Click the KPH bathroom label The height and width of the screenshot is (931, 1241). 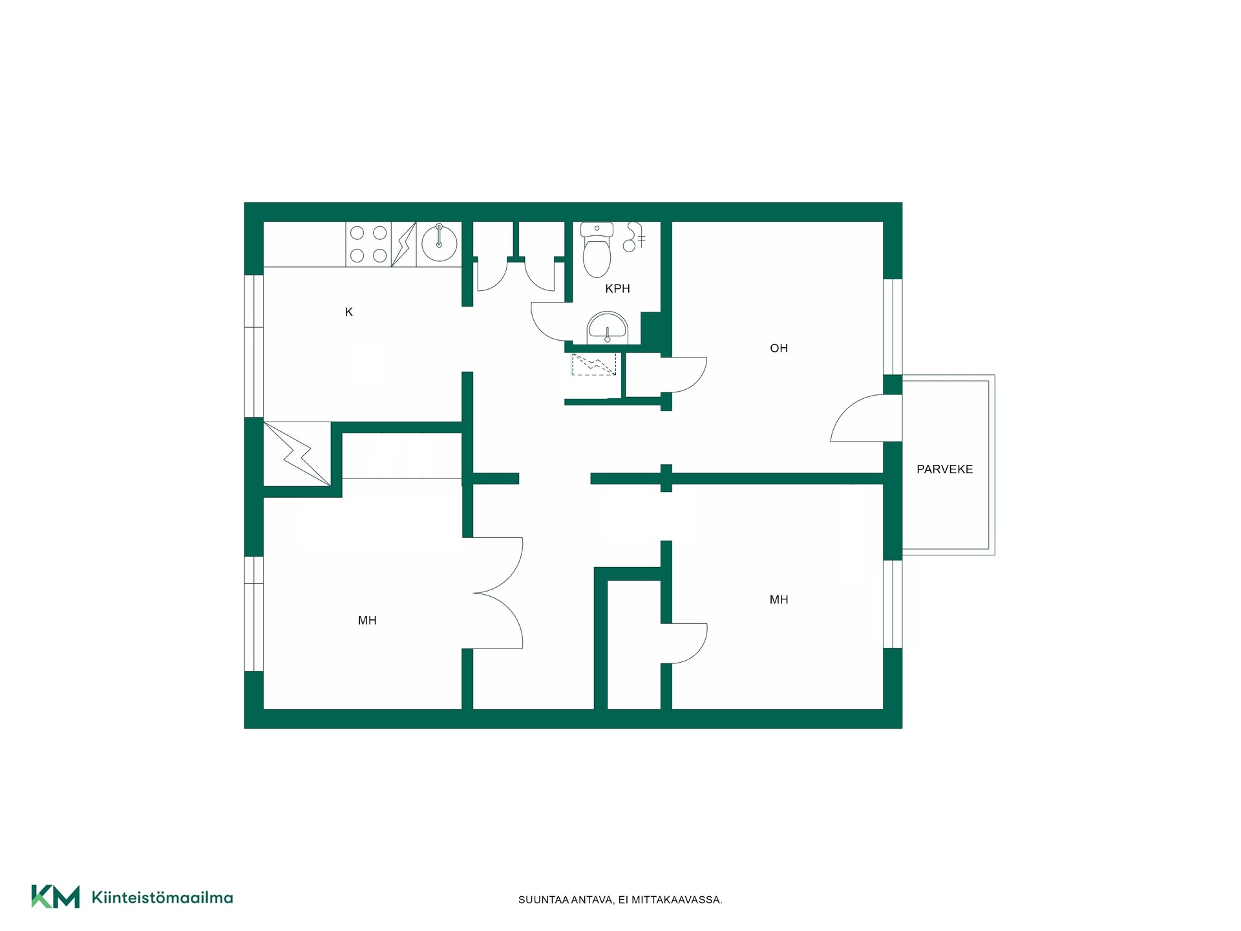617,289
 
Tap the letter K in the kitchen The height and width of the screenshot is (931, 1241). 349,312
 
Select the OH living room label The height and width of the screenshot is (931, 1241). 779,348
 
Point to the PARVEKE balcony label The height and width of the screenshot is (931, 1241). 944,469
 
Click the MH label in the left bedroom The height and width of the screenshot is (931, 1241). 367,621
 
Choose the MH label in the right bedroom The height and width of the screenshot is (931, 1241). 779,600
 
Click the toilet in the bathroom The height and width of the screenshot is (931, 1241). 597,250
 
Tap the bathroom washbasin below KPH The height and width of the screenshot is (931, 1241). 607,328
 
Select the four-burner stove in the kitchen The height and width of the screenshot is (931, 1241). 368,244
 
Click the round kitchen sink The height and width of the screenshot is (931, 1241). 440,244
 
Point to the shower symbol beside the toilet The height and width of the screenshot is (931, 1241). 633,237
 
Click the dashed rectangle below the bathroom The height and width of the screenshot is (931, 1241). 594,364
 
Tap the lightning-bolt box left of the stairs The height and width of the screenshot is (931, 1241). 297,454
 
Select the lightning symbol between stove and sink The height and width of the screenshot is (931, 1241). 403,244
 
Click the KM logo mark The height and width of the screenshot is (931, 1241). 56,897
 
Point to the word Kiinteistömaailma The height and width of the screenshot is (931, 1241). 162,898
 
